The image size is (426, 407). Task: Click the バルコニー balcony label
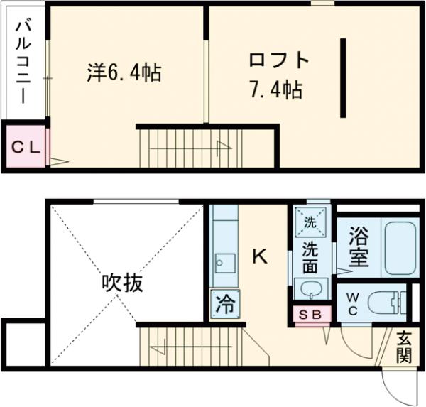click(x=23, y=64)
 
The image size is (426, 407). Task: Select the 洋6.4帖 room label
click(x=124, y=72)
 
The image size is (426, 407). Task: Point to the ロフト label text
click(x=279, y=60)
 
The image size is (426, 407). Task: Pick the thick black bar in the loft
click(x=344, y=77)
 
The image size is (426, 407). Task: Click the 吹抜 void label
click(x=121, y=283)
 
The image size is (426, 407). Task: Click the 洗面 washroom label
click(x=310, y=258)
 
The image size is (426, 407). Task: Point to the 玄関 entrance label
click(x=403, y=347)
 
